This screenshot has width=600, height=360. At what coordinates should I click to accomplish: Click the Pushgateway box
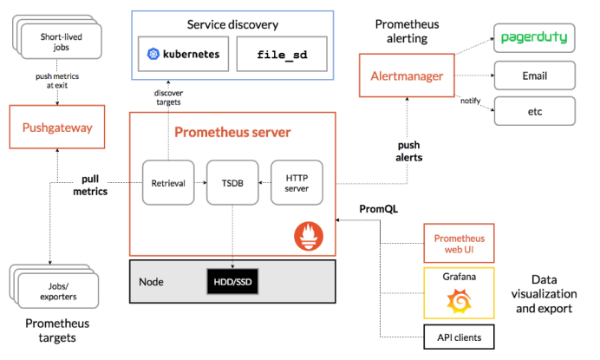point(57,127)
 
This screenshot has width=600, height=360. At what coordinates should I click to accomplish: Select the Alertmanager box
point(407,75)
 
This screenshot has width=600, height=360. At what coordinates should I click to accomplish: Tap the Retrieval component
point(168,183)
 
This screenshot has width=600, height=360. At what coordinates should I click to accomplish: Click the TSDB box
point(232,183)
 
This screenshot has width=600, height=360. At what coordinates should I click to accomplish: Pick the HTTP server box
point(297,183)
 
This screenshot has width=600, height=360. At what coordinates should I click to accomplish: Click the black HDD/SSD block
point(232,281)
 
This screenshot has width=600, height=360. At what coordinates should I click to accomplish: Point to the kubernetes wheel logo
point(153,54)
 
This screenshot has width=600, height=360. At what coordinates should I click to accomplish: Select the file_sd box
point(282,54)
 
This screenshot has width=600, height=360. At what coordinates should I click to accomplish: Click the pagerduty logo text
point(534,37)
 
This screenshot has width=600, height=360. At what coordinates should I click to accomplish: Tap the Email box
point(535,75)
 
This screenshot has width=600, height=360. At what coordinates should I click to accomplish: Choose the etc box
point(535,111)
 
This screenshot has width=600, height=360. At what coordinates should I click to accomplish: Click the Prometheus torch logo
point(309,236)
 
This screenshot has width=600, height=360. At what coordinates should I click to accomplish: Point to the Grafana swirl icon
point(460,301)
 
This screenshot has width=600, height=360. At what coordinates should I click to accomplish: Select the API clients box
point(459,337)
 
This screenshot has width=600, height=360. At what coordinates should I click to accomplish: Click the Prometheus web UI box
point(459,243)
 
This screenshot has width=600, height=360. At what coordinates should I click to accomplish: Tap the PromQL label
point(378,209)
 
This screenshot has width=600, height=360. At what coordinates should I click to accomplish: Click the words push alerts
point(408,151)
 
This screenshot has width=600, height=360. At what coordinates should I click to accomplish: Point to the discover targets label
point(168,97)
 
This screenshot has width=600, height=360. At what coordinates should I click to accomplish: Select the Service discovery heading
point(232,24)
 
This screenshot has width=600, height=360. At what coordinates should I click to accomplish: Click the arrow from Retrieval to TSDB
point(200,183)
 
